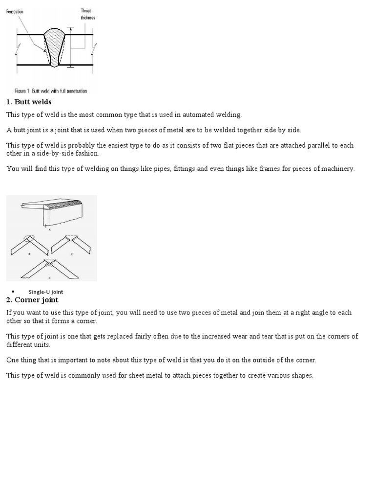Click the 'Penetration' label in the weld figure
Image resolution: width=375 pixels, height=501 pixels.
coord(15,11)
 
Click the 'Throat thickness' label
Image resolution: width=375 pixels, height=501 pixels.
coord(88,14)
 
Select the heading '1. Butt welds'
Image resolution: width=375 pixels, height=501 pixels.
coord(29,102)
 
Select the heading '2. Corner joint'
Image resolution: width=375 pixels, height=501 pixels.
coord(32,299)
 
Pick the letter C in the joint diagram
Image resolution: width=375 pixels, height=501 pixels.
coord(72,254)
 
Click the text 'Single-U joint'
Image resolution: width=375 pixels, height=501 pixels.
coord(46,292)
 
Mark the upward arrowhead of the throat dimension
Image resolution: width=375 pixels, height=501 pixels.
coord(71,28)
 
